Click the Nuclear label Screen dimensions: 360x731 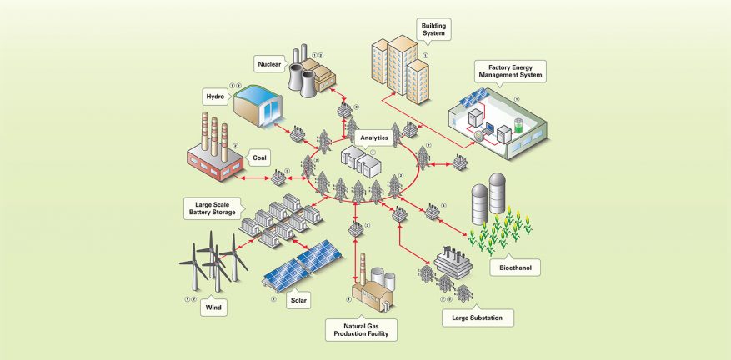tap(270, 61)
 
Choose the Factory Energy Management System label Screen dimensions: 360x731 tap(509, 71)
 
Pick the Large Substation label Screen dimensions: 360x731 tap(476, 317)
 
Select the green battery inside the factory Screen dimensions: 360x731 tap(518, 126)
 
